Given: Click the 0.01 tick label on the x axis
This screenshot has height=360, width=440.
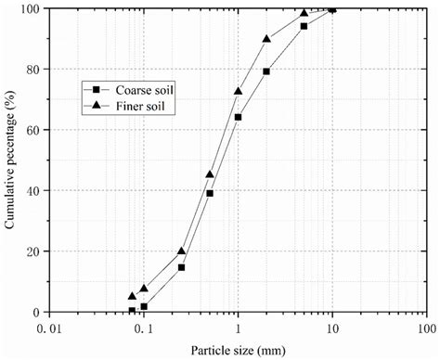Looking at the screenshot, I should pyautogui.click(x=50, y=328).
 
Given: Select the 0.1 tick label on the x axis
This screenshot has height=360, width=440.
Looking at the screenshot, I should pyautogui.click(x=143, y=328).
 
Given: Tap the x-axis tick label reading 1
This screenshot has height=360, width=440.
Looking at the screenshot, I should pyautogui.click(x=239, y=328).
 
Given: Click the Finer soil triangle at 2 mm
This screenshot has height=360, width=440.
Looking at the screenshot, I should pyautogui.click(x=266, y=39).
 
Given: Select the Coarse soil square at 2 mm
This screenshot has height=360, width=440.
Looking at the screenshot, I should pyautogui.click(x=266, y=71).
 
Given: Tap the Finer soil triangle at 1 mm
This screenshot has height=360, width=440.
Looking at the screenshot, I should pyautogui.click(x=239, y=91).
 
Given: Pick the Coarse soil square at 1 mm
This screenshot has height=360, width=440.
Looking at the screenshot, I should pyautogui.click(x=239, y=117).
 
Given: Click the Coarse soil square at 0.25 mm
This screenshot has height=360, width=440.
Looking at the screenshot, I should pyautogui.click(x=182, y=267).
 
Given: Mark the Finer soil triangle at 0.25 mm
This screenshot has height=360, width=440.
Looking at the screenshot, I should pyautogui.click(x=182, y=251).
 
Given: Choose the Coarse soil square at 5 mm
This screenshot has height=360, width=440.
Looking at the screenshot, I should pyautogui.click(x=304, y=26).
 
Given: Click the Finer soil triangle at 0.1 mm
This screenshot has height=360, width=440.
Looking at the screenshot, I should pyautogui.click(x=144, y=289).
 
